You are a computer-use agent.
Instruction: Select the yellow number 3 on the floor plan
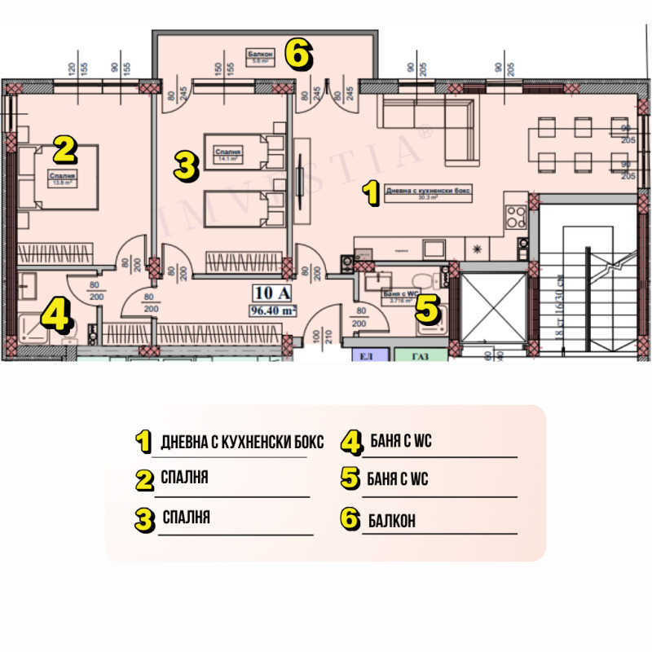pos(187,166)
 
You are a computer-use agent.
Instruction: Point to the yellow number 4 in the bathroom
pos(55,314)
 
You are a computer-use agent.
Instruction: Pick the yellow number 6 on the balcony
pos(297,55)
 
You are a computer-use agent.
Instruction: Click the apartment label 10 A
pos(273,293)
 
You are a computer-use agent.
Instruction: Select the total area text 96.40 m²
pos(273,310)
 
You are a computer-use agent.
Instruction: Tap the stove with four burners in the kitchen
pos(516,216)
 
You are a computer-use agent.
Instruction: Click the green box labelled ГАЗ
pos(421,356)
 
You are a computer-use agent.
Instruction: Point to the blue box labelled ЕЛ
pos(366,356)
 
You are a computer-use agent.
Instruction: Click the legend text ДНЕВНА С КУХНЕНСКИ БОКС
pos(243,443)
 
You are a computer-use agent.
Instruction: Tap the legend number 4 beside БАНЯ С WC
pos(351,442)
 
